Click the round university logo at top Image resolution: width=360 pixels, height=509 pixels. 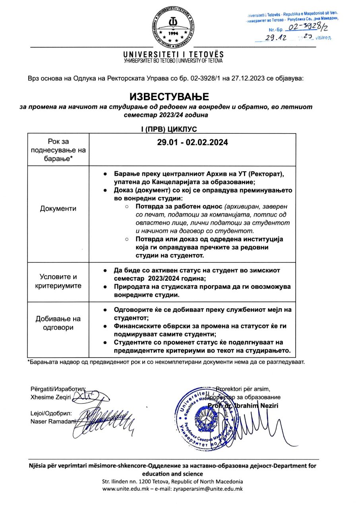point(173,27)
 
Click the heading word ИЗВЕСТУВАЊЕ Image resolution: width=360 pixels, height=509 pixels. point(169,97)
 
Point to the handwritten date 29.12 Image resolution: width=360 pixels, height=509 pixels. point(276,37)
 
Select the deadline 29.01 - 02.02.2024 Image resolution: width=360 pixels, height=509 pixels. point(192,142)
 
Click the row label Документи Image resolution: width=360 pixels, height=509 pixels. point(58,209)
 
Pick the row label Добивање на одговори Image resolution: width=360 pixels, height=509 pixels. point(58,323)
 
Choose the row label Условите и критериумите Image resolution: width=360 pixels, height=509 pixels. point(58,282)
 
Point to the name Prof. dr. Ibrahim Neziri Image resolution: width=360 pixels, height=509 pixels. point(243,406)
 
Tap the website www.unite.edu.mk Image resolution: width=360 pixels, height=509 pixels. point(126,489)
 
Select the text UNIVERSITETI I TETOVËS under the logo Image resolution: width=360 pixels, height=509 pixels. point(173,54)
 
